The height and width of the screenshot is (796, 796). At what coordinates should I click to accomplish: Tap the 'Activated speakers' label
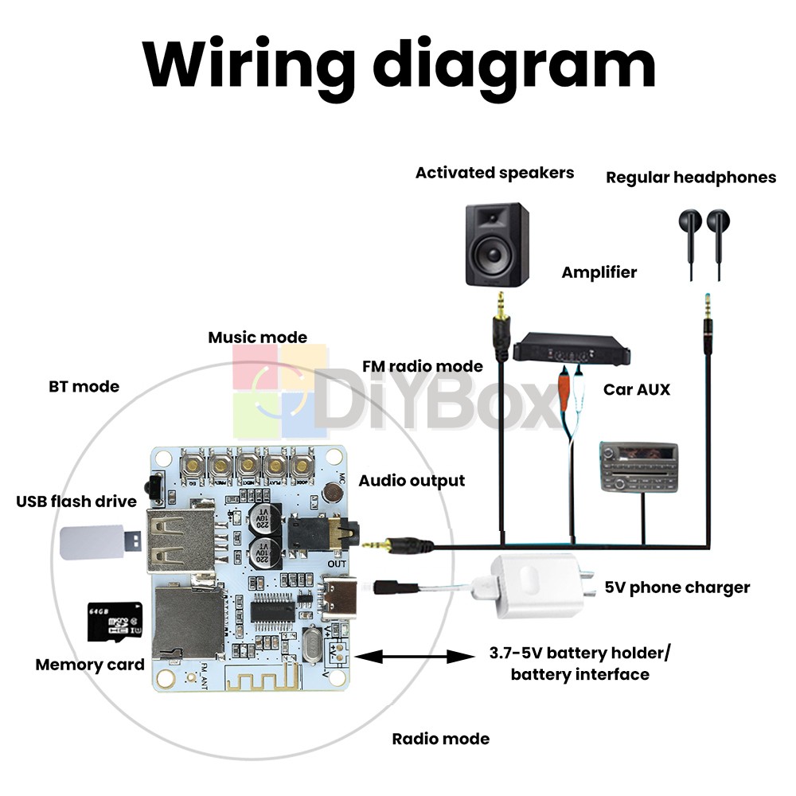(494, 173)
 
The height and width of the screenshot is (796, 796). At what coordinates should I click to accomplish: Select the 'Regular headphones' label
(691, 178)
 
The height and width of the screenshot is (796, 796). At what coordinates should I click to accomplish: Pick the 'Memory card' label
(90, 665)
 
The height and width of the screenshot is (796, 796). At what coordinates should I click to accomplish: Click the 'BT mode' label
(84, 387)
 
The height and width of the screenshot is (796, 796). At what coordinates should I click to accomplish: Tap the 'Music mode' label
(257, 338)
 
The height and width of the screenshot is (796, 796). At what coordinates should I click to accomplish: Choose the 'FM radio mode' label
(422, 366)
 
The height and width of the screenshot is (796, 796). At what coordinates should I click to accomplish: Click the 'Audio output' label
(412, 481)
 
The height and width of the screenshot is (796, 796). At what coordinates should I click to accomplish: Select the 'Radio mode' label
(440, 739)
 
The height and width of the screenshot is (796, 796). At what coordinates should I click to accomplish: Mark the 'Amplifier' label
(599, 272)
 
